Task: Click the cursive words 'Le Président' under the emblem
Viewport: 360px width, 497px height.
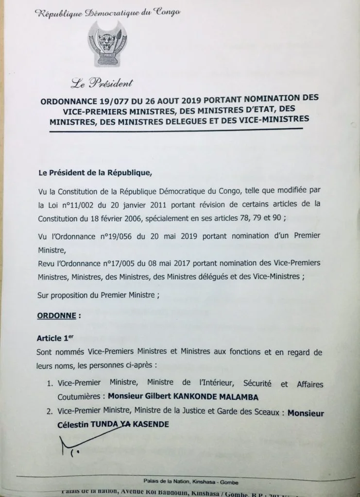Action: pyautogui.click(x=101, y=83)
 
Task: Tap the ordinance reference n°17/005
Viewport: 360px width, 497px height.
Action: pyautogui.click(x=140, y=263)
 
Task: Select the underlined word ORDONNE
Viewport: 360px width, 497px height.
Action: pyautogui.click(x=56, y=315)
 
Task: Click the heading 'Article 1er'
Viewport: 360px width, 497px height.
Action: pyautogui.click(x=56, y=337)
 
